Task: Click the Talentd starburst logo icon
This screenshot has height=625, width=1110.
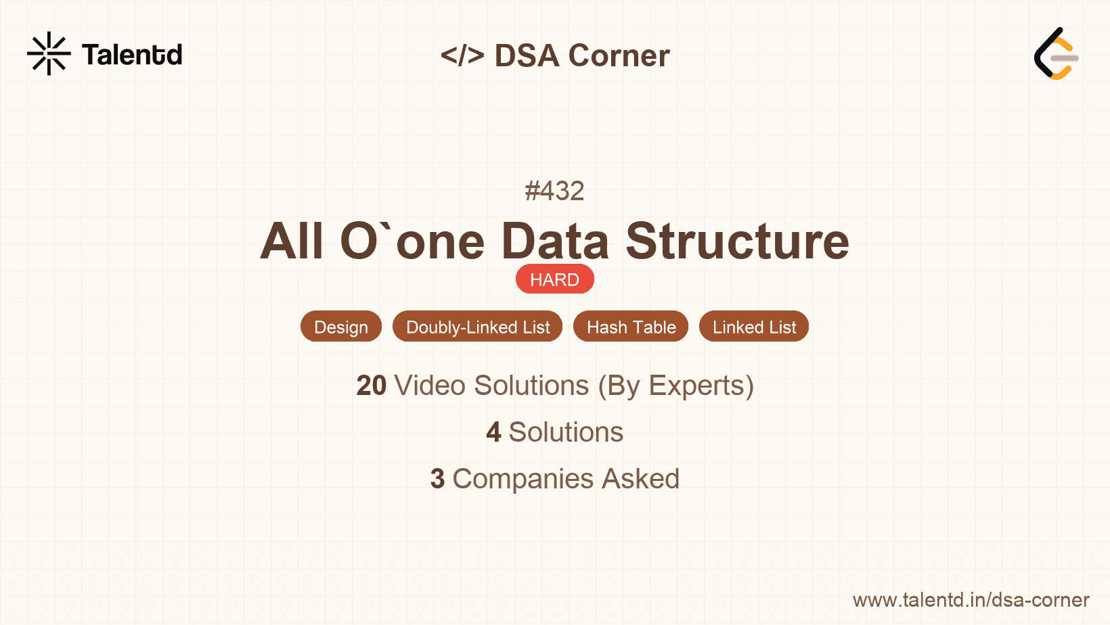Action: tap(49, 53)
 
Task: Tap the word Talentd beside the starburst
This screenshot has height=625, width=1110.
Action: tap(132, 55)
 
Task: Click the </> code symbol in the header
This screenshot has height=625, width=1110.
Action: tap(462, 55)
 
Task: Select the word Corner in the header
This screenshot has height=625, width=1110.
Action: tap(619, 55)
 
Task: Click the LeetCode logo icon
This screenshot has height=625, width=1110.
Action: tap(1056, 53)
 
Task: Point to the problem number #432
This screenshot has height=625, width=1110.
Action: tap(554, 191)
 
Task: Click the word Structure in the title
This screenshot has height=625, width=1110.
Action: tap(737, 241)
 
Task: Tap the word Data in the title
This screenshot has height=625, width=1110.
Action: tap(555, 241)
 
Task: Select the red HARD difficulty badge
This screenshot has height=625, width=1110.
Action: tap(554, 279)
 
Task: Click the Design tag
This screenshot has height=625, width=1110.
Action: tap(341, 327)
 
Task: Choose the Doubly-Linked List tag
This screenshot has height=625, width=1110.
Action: tap(478, 327)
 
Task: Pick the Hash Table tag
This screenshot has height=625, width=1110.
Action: tap(631, 327)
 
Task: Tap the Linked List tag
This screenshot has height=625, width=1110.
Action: tap(754, 327)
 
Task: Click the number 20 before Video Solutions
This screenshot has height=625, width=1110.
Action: tap(371, 386)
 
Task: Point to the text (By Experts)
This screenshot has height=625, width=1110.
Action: tap(676, 386)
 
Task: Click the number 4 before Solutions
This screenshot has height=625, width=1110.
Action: tap(493, 432)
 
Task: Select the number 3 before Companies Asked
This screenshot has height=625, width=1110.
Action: tap(437, 478)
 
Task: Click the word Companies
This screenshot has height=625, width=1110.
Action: tap(523, 480)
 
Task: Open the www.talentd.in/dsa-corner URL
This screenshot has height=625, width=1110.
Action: tap(971, 600)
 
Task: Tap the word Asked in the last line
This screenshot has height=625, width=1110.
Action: tap(641, 478)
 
